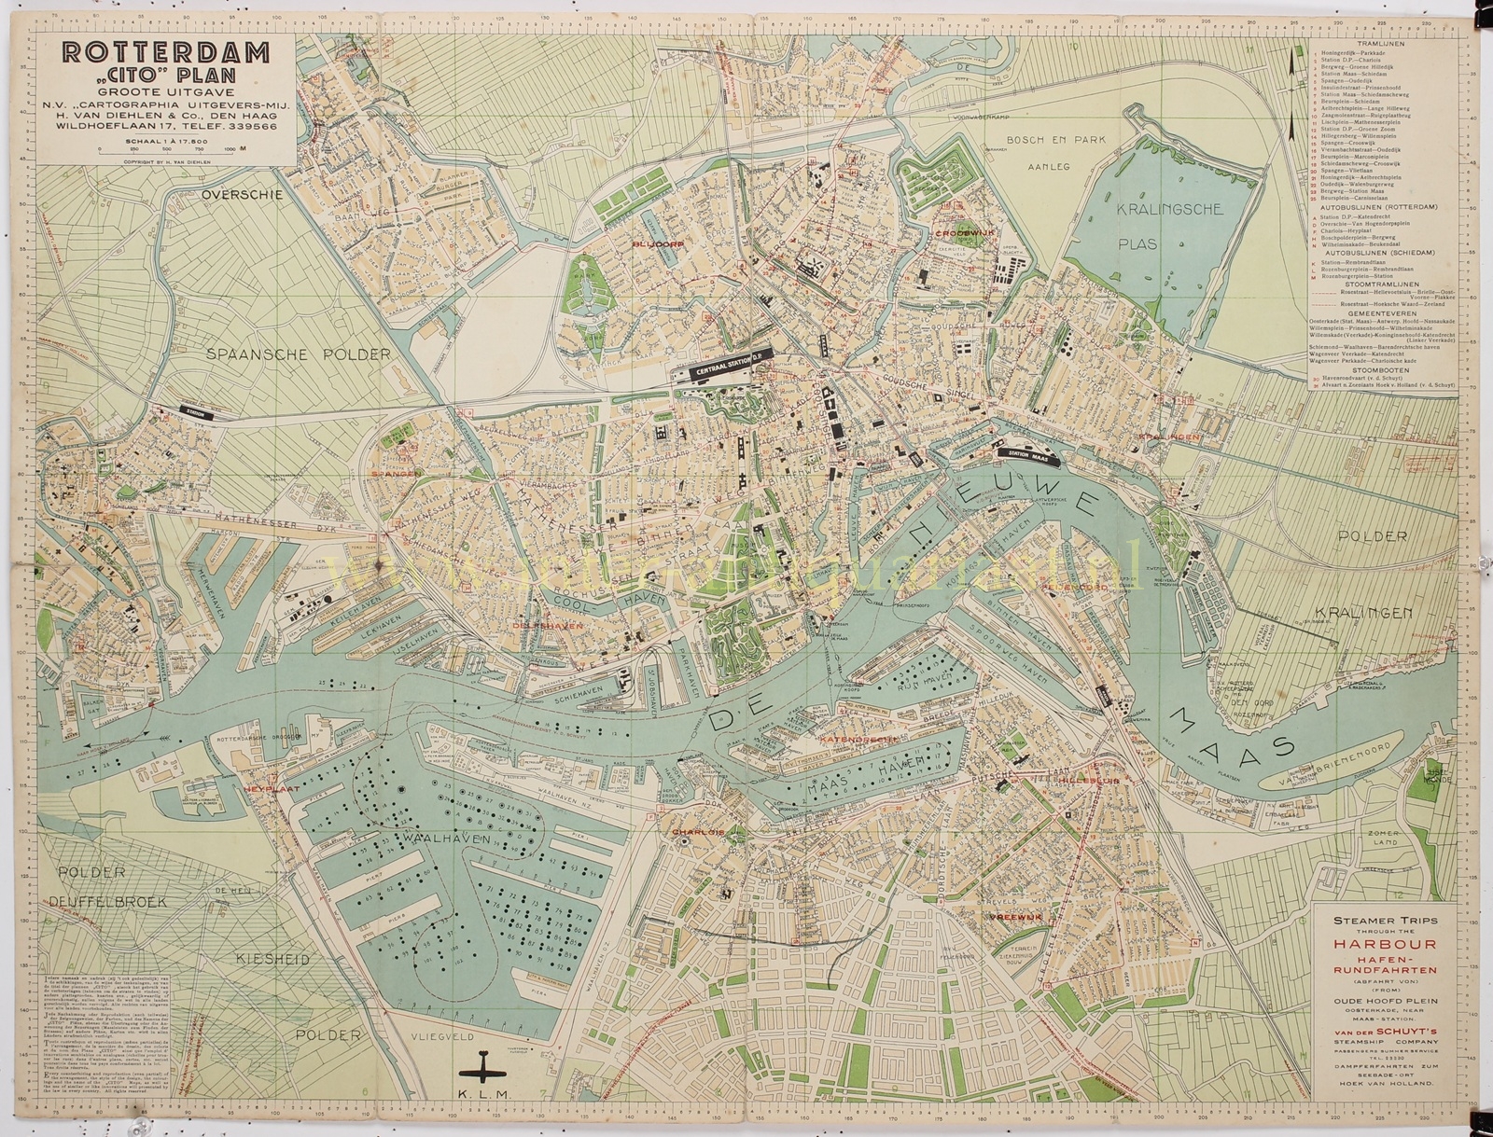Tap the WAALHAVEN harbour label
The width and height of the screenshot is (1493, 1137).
428,838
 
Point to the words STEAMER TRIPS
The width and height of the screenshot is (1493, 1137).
1376,920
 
